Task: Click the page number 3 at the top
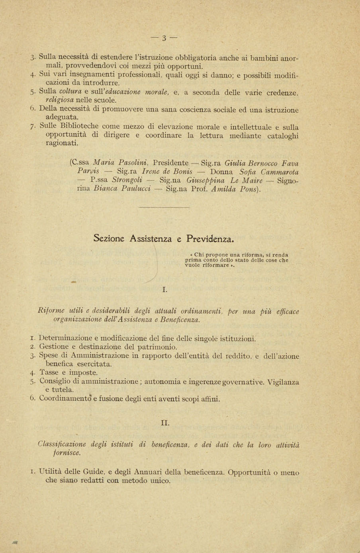tap(164, 38)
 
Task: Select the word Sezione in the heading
tap(109, 239)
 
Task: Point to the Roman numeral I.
tap(164, 290)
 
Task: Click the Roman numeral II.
tap(165, 423)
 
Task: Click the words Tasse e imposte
tap(68, 373)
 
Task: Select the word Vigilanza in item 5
tap(283, 382)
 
